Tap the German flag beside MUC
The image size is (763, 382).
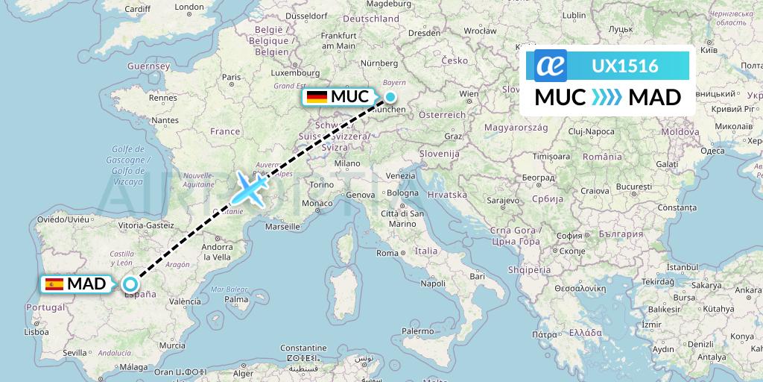(x=317, y=97)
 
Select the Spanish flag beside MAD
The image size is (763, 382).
(x=54, y=284)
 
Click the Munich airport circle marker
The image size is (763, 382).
(x=390, y=97)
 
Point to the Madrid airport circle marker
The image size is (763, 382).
(x=130, y=284)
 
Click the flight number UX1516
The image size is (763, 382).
(x=624, y=66)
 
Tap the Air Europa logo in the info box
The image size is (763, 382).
(x=551, y=66)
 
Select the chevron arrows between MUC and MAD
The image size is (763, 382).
(x=607, y=98)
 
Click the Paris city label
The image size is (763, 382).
(x=232, y=76)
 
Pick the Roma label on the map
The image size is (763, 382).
(x=387, y=253)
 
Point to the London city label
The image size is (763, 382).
(x=189, y=7)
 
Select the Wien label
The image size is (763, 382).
(x=469, y=94)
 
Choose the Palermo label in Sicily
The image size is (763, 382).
(x=417, y=330)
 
